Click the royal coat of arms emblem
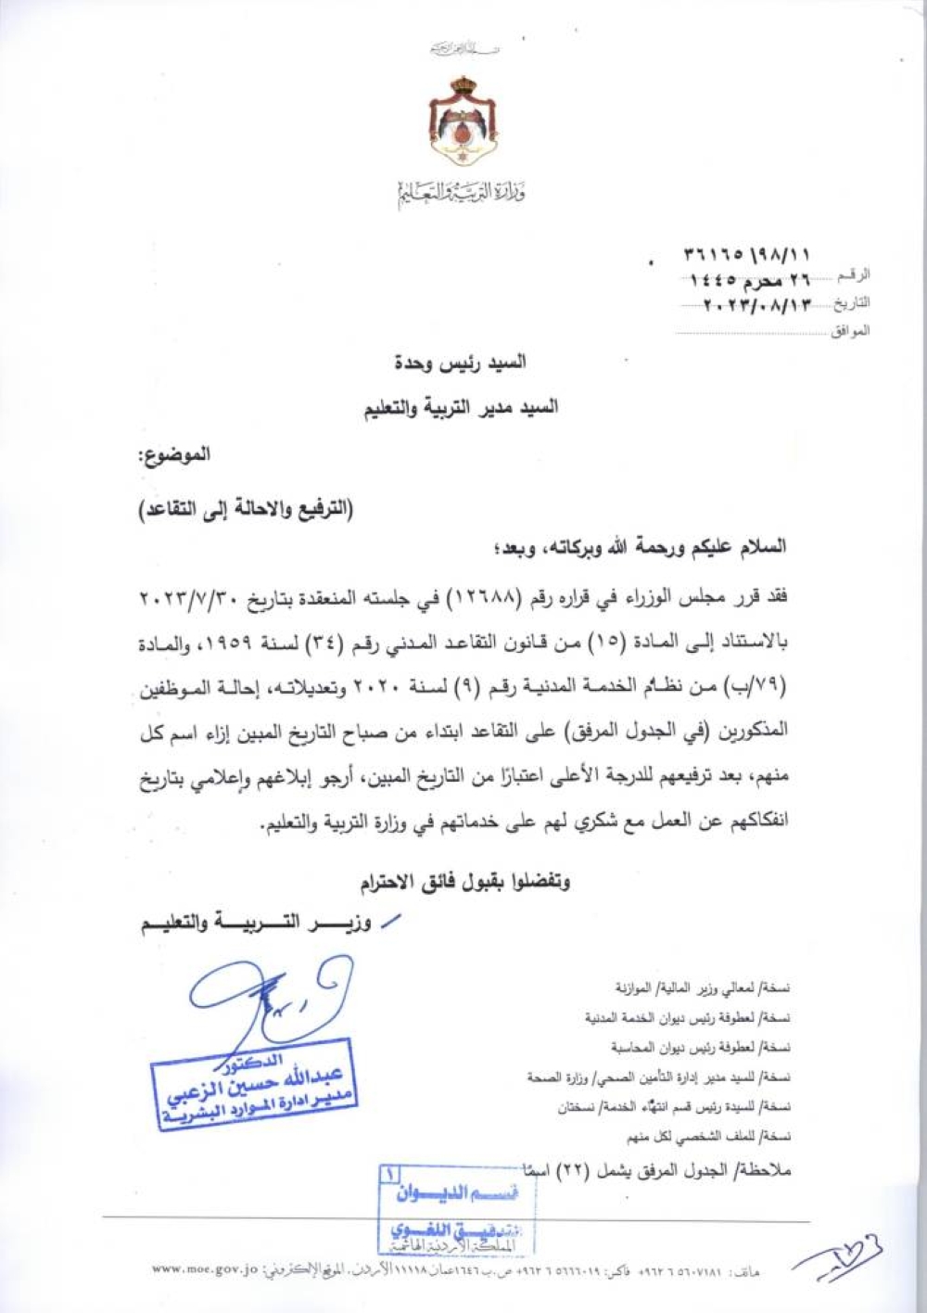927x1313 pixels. tap(462, 121)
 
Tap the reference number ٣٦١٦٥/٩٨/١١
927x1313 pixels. tap(747, 253)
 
